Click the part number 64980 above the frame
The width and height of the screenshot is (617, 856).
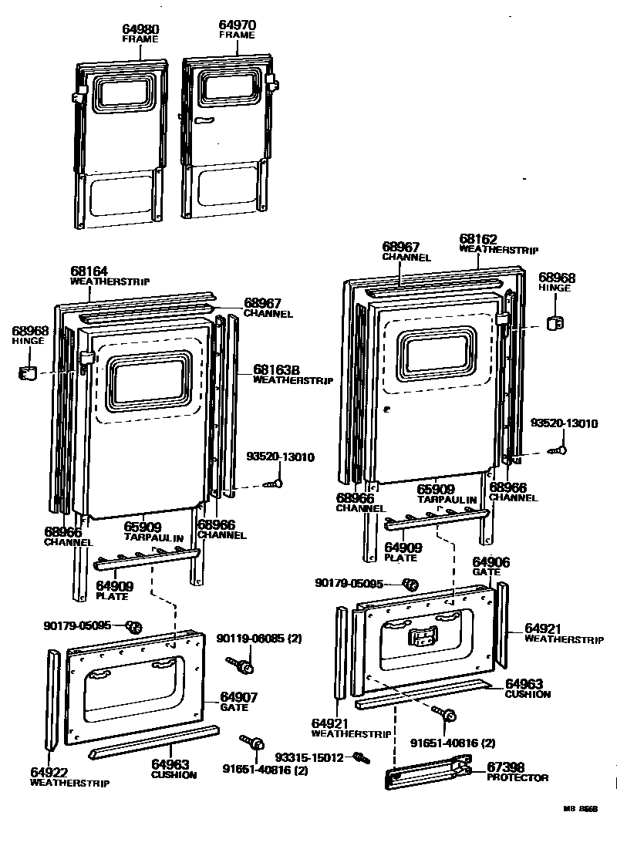point(140,29)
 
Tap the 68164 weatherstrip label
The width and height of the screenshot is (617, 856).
point(89,271)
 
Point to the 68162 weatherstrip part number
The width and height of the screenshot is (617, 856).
point(479,240)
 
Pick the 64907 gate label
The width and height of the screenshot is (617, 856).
point(239,697)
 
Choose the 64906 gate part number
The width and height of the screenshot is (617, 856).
point(491,562)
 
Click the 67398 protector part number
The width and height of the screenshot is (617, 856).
point(506,767)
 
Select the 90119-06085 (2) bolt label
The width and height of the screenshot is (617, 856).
point(251,639)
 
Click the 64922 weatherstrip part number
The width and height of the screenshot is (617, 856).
point(50,772)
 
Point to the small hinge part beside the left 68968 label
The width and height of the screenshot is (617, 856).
point(28,374)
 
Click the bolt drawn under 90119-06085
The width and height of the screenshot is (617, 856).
point(240,663)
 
